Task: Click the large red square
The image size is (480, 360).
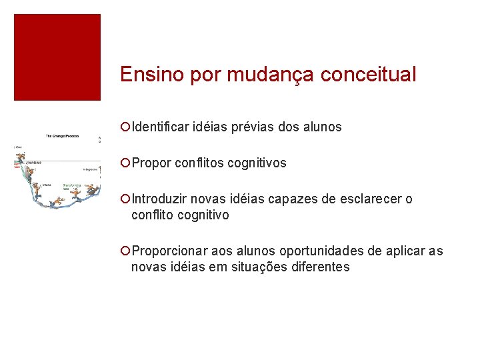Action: [57, 57]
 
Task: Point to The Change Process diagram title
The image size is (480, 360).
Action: [61, 136]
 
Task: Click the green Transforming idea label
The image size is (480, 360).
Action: [72, 187]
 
